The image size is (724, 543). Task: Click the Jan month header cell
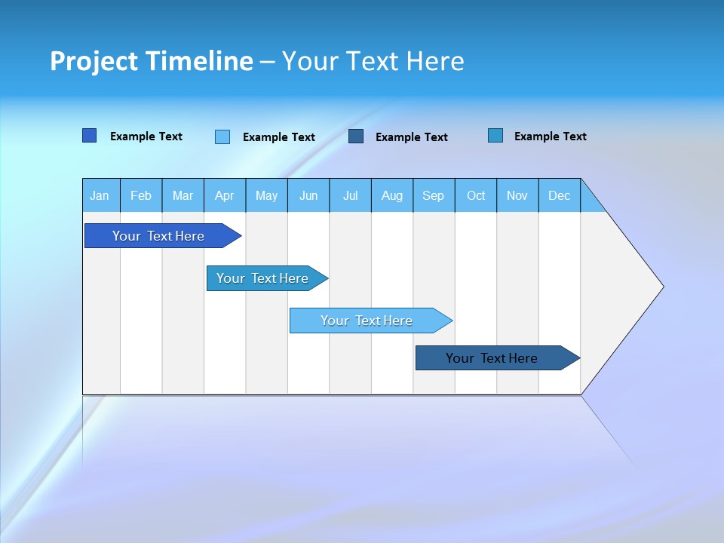pyautogui.click(x=100, y=195)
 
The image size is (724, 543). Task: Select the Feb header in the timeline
pyautogui.click(x=141, y=195)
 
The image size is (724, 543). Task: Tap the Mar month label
pyautogui.click(x=183, y=195)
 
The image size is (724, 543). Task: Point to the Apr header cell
pyautogui.click(x=225, y=195)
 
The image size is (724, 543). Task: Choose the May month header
pyautogui.click(x=266, y=195)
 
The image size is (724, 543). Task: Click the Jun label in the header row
pyautogui.click(x=308, y=195)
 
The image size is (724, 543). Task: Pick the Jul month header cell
pyautogui.click(x=350, y=195)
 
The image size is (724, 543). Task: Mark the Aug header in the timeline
pyautogui.click(x=392, y=195)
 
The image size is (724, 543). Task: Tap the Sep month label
pyautogui.click(x=434, y=195)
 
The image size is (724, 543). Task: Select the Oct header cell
pyautogui.click(x=476, y=195)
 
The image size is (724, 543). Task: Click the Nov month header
pyautogui.click(x=517, y=195)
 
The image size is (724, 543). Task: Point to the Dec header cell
pyautogui.click(x=560, y=195)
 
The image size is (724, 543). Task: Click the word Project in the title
pyautogui.click(x=94, y=61)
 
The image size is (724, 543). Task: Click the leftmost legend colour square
pyautogui.click(x=90, y=136)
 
